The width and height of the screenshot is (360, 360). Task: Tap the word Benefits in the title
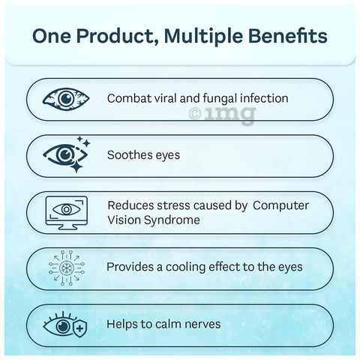coord(288,36)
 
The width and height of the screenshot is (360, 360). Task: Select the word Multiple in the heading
coord(203,37)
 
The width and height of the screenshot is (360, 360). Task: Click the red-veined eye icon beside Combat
coord(66,99)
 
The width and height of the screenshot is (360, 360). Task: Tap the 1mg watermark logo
coord(222,115)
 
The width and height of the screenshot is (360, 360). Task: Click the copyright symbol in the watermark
coord(195,114)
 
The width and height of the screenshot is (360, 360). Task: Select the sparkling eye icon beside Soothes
coord(67,154)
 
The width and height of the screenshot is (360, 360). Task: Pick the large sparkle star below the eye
coord(76,166)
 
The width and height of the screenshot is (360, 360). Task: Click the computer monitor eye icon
coord(67,213)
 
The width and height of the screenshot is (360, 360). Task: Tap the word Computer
coord(280,205)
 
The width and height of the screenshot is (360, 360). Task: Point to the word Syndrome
coord(172,220)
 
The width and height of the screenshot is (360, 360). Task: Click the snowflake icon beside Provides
coord(67,268)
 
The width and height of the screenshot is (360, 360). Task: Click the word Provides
coord(130,267)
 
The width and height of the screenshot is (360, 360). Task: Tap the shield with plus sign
coord(79,328)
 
